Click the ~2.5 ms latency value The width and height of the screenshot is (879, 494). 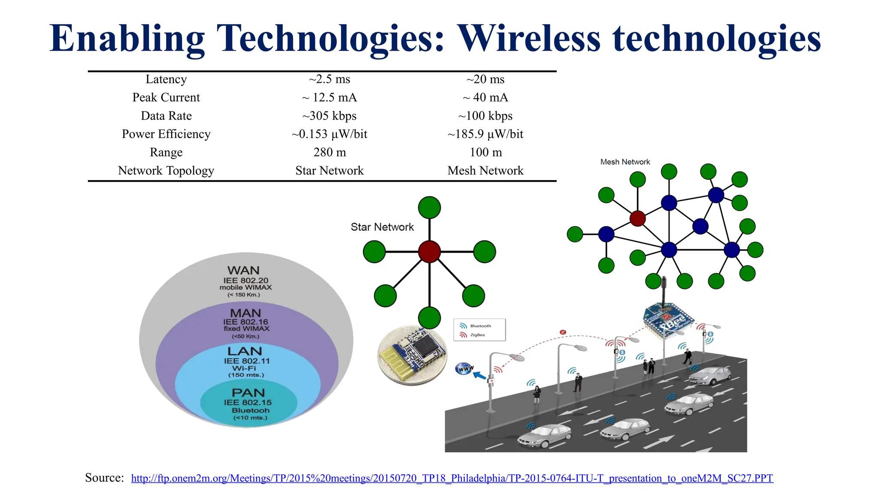point(329,79)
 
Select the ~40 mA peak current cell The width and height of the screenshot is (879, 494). point(485,98)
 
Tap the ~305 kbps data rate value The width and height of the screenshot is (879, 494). point(329,116)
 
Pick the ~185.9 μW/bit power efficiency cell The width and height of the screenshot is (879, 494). point(485,134)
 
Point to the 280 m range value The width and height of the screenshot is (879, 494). point(329,153)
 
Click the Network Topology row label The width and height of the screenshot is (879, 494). point(166,171)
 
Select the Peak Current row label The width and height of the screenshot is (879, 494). point(166,98)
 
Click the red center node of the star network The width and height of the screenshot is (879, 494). point(429,251)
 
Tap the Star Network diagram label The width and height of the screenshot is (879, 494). point(382,227)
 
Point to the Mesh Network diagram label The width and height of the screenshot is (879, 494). point(625,162)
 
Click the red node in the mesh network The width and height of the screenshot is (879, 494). point(637,218)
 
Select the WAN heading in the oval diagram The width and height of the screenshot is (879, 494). point(243,271)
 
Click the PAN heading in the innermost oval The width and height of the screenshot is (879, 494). point(248,393)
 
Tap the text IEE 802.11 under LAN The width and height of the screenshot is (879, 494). point(247,361)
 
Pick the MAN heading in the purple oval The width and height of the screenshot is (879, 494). point(246,313)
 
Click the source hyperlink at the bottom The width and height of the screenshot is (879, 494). point(452,479)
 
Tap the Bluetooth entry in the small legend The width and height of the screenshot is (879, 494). point(480,326)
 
